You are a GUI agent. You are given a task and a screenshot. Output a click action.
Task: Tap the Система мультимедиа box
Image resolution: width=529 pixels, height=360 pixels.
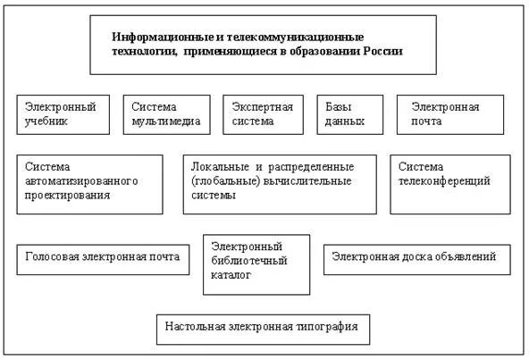165,114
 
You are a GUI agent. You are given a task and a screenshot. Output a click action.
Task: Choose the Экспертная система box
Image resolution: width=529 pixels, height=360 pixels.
263,114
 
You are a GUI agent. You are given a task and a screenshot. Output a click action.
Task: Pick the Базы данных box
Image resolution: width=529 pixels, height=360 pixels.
343,114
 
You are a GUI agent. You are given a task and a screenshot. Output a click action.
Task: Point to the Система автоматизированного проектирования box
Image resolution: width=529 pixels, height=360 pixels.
89,184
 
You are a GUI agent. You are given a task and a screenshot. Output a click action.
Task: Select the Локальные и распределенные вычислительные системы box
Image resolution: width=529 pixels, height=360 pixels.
280,184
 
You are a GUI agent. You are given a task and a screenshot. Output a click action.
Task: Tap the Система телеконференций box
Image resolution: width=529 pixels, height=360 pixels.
449,184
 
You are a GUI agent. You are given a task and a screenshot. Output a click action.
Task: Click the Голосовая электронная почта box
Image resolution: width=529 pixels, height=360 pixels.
103,258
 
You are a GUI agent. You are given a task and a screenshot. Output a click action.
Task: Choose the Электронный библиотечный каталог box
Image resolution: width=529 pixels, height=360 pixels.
256,264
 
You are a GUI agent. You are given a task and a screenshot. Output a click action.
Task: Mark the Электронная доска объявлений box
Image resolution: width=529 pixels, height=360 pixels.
416,258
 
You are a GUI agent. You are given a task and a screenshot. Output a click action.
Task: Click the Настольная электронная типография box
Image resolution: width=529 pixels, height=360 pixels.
262,328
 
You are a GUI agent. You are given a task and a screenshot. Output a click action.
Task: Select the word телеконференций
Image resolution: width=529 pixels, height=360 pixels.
443,180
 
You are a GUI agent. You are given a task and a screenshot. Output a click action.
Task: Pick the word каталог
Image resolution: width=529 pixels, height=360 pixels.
231,276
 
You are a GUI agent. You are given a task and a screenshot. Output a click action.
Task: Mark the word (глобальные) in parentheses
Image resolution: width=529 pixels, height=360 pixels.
223,180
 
